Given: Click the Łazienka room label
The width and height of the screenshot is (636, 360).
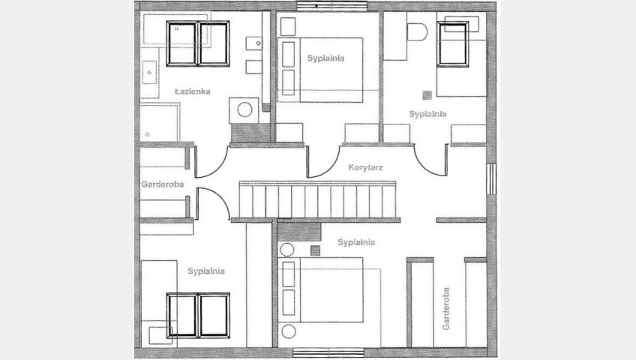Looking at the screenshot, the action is coord(193,91).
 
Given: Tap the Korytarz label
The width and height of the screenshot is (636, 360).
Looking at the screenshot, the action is coord(365,167).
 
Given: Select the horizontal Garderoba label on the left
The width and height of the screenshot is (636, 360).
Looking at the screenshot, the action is coord(162,184).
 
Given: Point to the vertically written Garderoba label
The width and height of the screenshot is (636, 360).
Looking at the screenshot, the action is coord(445,308).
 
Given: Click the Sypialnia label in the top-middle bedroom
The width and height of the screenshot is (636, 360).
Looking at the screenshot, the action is coord(325,58).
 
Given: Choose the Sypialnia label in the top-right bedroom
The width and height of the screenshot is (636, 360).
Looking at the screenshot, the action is coord(427,114).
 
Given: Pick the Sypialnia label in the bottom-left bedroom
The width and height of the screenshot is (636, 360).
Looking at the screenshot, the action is coord(206,271).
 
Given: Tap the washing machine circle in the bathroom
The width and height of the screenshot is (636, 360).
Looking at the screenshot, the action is coord(244,109).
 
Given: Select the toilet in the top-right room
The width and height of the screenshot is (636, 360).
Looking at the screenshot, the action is coord(417,32).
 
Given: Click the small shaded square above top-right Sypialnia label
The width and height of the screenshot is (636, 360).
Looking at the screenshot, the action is coord(427,95).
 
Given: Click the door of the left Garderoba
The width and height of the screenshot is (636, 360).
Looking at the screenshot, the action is coord(213,201).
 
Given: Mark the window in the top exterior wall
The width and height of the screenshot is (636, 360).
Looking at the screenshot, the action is coord(332,6).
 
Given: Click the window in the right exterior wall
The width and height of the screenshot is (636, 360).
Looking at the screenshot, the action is coord(491,178).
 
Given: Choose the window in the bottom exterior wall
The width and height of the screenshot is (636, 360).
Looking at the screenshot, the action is coord(328,352).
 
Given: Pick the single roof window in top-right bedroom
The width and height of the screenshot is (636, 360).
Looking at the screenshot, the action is coord(453,43).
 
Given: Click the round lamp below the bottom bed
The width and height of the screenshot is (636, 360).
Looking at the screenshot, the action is coord(289,331).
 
